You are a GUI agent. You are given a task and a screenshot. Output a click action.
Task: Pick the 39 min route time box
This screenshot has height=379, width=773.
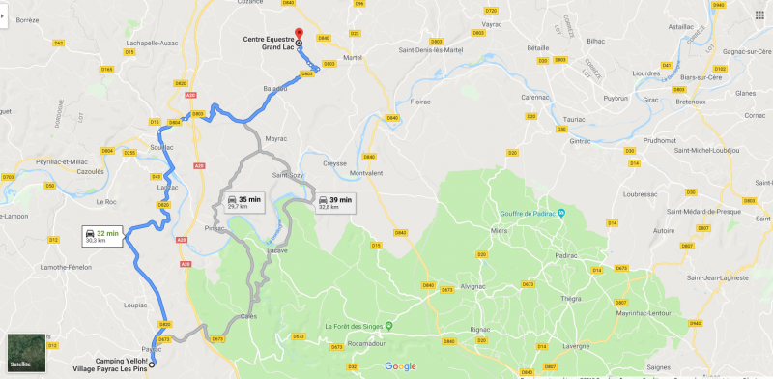coord(334,202)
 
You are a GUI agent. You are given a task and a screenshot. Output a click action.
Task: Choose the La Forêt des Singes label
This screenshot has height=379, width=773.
coord(357,325)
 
